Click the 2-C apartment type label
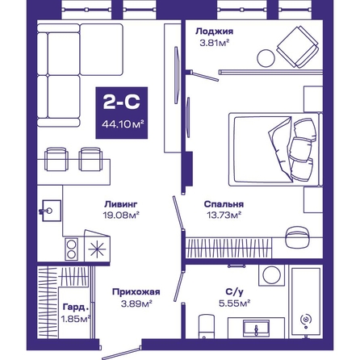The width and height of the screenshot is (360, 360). pos(122,103)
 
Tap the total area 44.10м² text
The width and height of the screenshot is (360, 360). pos(123,124)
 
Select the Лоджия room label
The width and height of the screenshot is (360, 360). pos(214,31)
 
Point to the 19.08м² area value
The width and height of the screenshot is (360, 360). pos(121,215)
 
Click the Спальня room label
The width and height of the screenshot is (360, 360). pos(224,204)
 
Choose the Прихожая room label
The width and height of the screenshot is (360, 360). pos(136,292)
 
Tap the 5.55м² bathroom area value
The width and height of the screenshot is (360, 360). pos(235,303)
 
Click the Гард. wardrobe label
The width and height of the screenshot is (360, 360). pos(76,307)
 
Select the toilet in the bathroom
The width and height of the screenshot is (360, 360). pos(207,327)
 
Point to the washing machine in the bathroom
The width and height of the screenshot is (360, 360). pos(271,275)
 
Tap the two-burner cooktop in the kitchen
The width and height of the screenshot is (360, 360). pos(71,249)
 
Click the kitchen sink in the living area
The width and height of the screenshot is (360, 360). pos(51,211)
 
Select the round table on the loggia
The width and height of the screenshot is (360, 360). pos(266,58)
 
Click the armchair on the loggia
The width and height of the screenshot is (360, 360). pos(298,47)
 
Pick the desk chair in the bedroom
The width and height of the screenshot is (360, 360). pos(296,237)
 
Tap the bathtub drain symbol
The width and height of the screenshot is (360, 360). pos(306,320)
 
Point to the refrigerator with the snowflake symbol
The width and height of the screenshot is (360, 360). pos(97,246)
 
